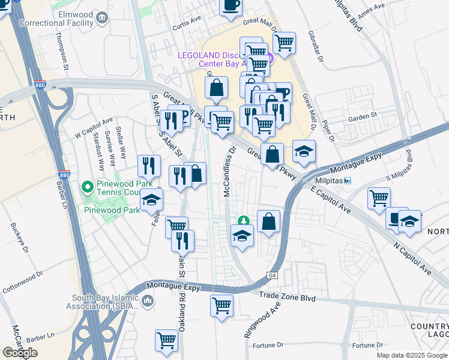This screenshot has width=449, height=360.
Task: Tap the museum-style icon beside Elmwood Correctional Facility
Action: click(103, 18)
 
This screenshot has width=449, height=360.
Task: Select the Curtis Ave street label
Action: click(186, 23)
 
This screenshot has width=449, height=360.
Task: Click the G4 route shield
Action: click(274, 275)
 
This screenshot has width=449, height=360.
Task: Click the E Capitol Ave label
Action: click(330, 199)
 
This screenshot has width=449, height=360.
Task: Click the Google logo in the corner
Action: click(20, 353)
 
